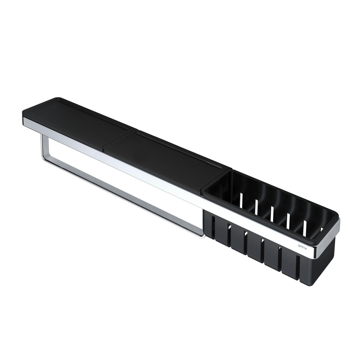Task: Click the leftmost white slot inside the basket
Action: (242, 199)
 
